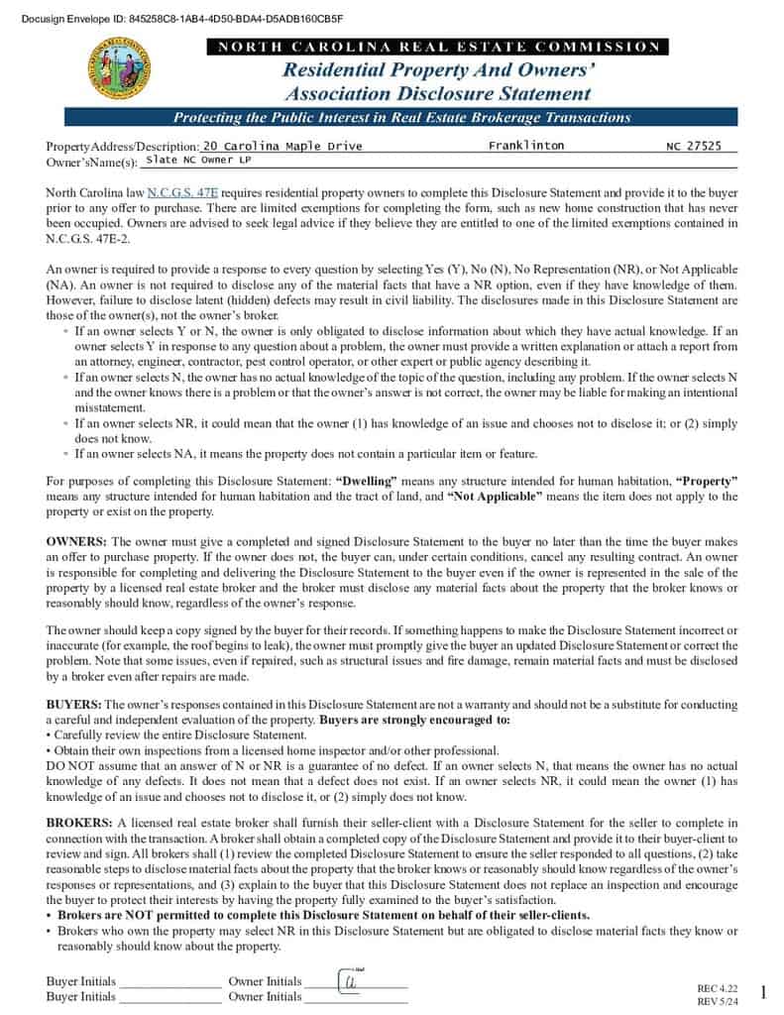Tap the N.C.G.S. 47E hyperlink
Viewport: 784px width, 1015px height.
pyautogui.click(x=182, y=192)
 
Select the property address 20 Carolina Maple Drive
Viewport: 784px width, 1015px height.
pyautogui.click(x=282, y=146)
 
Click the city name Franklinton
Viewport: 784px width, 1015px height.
pyautogui.click(x=526, y=146)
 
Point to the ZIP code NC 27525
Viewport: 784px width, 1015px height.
pyautogui.click(x=694, y=146)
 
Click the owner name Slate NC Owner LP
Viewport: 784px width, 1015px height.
pyautogui.click(x=198, y=160)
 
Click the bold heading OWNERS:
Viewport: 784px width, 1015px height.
pyautogui.click(x=76, y=542)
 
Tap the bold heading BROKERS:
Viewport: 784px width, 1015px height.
pyautogui.click(x=79, y=823)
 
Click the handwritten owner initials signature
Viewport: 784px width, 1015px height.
pyautogui.click(x=350, y=980)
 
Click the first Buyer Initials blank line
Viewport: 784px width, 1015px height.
pyautogui.click(x=169, y=983)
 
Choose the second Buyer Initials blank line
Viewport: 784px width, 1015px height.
pyautogui.click(x=169, y=998)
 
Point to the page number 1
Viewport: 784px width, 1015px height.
pyautogui.click(x=763, y=992)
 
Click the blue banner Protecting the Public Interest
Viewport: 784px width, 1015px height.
pyautogui.click(x=401, y=118)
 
